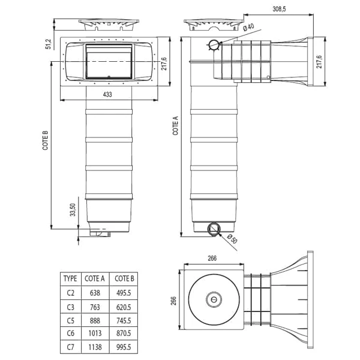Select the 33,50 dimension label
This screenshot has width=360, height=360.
coord(73,210)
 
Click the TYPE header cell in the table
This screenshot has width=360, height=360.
coord(70,278)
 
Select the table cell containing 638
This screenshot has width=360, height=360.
coord(95,292)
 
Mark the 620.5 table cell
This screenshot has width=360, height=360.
coord(124,306)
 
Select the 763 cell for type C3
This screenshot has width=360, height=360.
coord(95,306)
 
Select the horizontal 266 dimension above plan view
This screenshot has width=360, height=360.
coord(213,259)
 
